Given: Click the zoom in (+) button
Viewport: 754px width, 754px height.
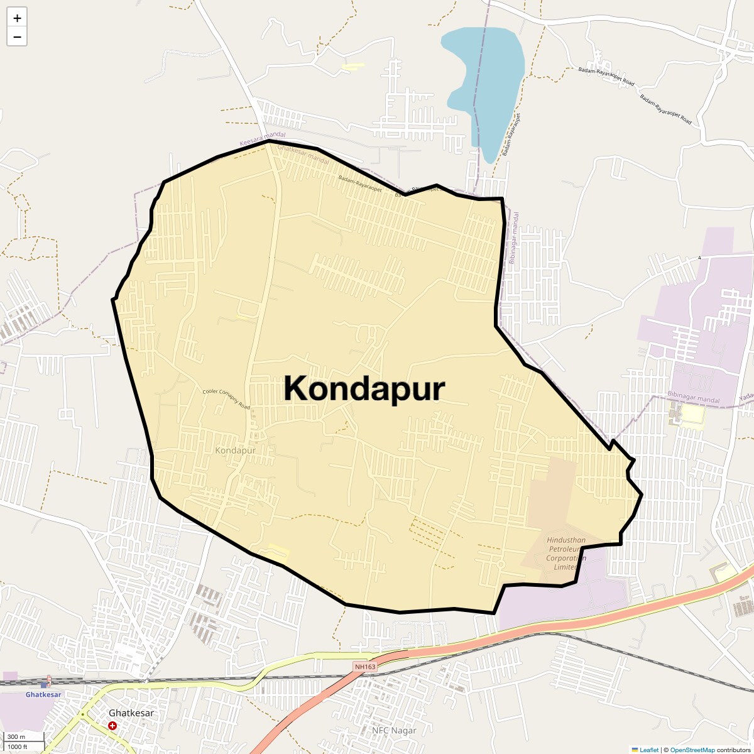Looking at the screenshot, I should point(17,18).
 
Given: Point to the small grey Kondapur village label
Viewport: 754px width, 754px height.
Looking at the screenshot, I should point(235,451).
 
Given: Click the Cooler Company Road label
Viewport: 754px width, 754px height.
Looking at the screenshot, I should point(226,400).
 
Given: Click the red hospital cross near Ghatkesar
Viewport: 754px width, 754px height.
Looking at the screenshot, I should point(112,726).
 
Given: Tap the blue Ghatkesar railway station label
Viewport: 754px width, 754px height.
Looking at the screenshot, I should point(43,694).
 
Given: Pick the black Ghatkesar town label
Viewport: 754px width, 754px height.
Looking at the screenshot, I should point(131,713).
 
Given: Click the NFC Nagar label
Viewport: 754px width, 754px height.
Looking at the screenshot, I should point(394,730).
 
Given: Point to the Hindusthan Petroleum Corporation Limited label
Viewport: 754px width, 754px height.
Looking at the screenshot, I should point(565,554).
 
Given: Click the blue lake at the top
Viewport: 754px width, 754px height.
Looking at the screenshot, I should point(487,75).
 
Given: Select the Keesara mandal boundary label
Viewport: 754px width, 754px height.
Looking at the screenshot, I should point(262,139).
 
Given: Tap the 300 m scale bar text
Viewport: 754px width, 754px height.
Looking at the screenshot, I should point(16,736).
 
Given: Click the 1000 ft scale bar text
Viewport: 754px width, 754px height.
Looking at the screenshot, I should point(18,746).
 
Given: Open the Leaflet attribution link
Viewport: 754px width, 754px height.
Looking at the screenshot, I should point(649,750).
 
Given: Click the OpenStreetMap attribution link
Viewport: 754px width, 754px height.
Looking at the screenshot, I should point(692,750).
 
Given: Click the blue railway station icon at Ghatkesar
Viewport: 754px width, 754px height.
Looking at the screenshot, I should point(43,684).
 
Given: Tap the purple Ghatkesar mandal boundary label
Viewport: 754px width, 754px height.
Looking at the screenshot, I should point(303,156).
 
